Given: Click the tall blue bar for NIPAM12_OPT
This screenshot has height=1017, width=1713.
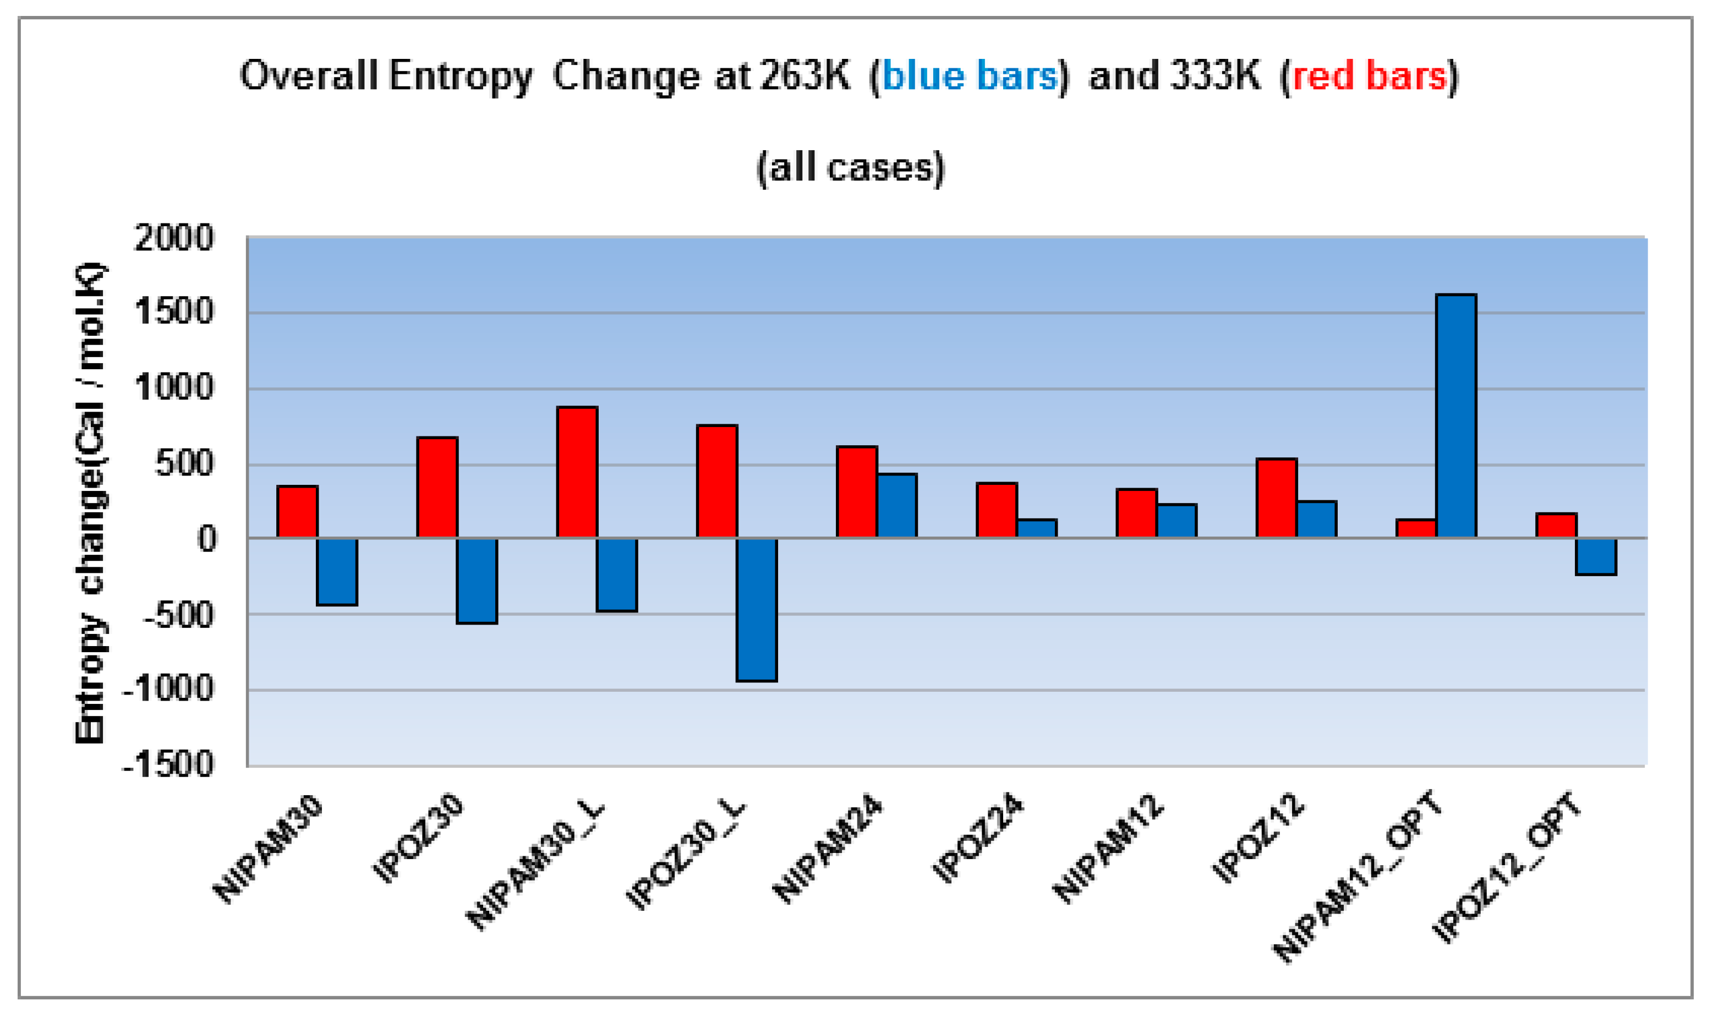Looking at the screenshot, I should (1455, 416).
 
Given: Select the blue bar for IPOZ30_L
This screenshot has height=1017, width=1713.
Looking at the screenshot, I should (757, 609).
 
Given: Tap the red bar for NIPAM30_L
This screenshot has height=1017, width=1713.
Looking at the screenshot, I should (577, 472).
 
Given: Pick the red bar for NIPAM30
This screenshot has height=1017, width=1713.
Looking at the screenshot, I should (297, 512).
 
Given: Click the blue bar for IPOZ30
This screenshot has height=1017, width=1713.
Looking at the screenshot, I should (477, 581).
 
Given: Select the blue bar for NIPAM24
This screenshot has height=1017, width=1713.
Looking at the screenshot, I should (896, 506).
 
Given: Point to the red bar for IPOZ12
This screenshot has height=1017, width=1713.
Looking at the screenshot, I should (1276, 498).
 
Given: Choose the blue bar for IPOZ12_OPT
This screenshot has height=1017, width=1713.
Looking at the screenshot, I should (1596, 556).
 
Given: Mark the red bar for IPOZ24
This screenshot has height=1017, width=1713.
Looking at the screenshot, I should (997, 511).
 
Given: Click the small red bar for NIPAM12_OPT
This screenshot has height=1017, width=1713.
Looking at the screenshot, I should (1416, 528).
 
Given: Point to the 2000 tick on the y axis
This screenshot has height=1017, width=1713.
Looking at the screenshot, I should (174, 239).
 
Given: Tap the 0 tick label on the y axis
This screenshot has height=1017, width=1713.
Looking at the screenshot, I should (206, 539).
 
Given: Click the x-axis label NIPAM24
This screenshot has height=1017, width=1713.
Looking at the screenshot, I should (828, 850).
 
